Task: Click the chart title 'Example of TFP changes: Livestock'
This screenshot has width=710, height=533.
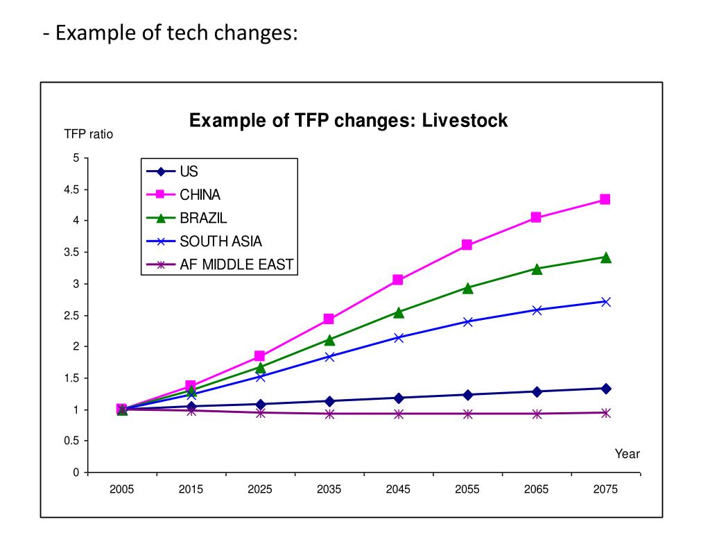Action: [x=349, y=121]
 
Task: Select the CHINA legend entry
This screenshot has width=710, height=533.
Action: [x=200, y=195]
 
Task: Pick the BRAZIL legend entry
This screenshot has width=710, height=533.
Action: [x=203, y=218]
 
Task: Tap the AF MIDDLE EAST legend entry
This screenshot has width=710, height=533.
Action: [x=236, y=264]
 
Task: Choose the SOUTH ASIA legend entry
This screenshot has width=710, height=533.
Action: [x=220, y=241]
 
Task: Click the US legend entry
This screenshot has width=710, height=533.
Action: [x=189, y=172]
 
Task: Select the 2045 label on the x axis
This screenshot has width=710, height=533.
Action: [x=399, y=489]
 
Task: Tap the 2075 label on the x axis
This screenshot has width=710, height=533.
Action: [x=605, y=489]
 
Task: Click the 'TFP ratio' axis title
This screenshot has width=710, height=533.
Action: [x=89, y=135]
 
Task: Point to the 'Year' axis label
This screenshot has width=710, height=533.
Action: [x=627, y=455]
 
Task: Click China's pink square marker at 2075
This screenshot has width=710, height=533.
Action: [x=605, y=199]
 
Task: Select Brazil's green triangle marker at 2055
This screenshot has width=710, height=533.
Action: [x=467, y=288]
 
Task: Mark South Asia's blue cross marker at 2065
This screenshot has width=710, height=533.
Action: [x=537, y=310]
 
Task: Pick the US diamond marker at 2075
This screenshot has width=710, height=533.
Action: [x=605, y=389]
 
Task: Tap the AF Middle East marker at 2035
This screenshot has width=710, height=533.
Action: [x=329, y=414]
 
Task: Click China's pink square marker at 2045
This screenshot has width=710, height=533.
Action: [x=398, y=280]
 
